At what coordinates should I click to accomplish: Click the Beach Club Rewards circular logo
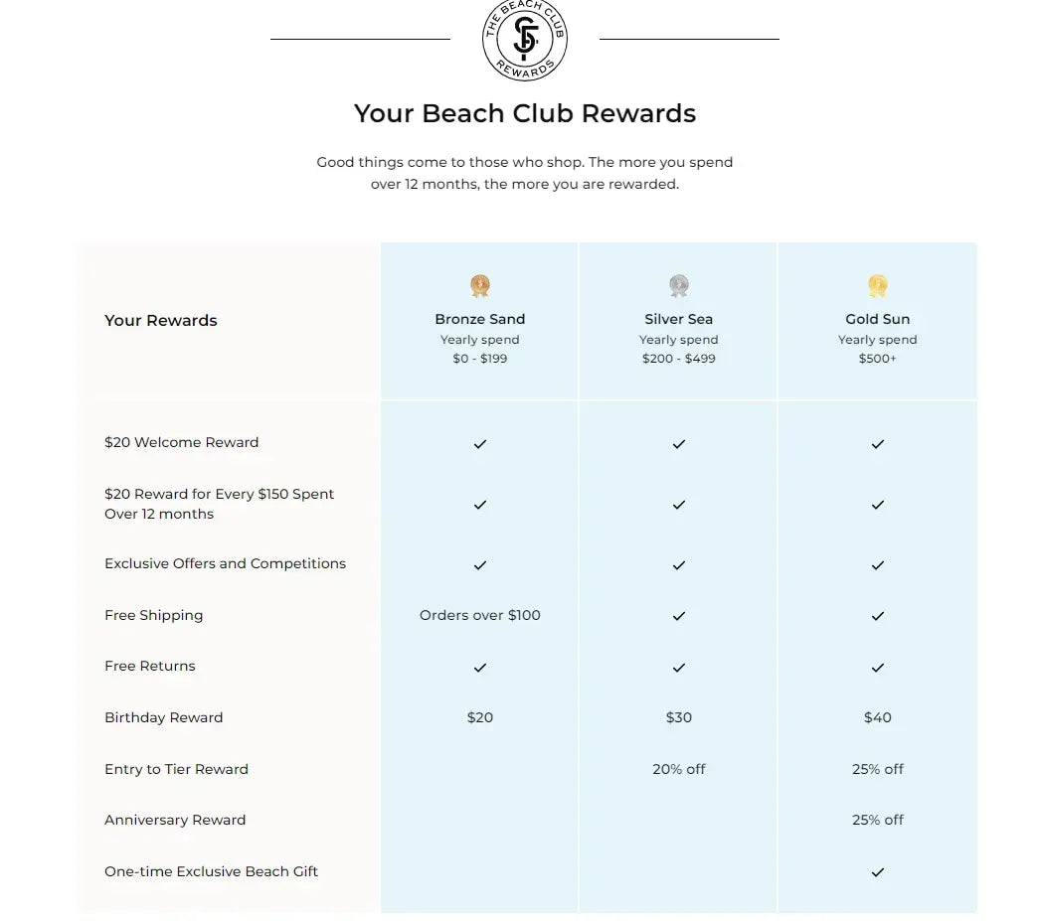(x=525, y=40)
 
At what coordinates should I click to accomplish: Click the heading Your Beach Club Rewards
(x=525, y=113)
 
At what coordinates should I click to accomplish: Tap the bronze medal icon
(x=480, y=286)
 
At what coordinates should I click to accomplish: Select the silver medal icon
(x=679, y=286)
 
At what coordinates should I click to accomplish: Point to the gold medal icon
(x=877, y=286)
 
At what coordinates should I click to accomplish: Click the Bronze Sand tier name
(x=480, y=319)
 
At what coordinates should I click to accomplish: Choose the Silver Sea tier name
(x=679, y=319)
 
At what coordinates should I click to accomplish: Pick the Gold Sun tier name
(x=878, y=319)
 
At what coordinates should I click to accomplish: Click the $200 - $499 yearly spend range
(x=679, y=359)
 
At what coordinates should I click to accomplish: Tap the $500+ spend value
(x=878, y=359)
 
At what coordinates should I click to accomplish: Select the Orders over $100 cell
(x=480, y=615)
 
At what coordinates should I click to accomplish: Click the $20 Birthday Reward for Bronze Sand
(x=480, y=717)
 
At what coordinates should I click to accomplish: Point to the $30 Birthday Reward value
(x=679, y=717)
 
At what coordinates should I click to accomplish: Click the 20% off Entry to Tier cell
(x=679, y=769)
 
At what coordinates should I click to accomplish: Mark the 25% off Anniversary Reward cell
(x=878, y=820)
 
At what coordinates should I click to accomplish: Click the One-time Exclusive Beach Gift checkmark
(x=878, y=872)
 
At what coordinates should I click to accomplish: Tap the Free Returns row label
(x=150, y=666)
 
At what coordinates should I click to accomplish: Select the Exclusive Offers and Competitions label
(x=226, y=563)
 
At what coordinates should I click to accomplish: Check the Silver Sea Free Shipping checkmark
(x=679, y=616)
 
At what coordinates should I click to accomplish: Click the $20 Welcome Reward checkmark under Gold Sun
(x=878, y=444)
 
